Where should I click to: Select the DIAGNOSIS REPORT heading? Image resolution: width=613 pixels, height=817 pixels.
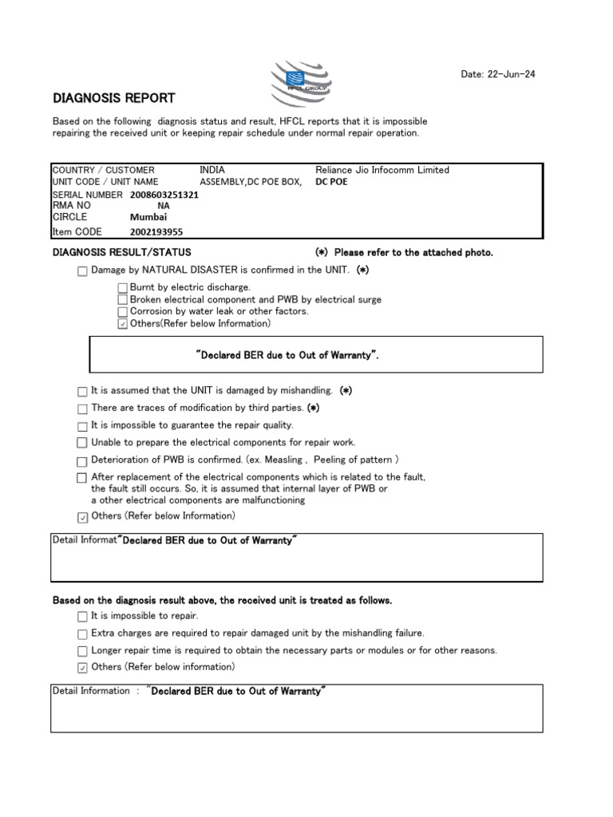pyautogui.click(x=113, y=98)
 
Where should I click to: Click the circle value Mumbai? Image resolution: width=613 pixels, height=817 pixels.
pyautogui.click(x=148, y=217)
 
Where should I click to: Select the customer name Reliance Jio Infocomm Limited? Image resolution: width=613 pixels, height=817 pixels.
pyautogui.click(x=382, y=170)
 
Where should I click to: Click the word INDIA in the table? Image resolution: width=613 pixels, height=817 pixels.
pyautogui.click(x=212, y=170)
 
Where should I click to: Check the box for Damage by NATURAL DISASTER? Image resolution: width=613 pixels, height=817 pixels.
pyautogui.click(x=83, y=271)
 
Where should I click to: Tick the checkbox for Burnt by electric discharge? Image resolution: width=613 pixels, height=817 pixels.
pyautogui.click(x=123, y=287)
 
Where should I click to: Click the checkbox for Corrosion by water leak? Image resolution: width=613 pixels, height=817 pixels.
pyautogui.click(x=123, y=312)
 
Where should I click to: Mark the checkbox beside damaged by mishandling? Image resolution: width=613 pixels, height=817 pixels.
pyautogui.click(x=83, y=392)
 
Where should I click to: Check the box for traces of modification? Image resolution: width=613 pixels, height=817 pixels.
pyautogui.click(x=83, y=408)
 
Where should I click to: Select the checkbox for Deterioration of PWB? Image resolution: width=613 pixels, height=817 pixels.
pyautogui.click(x=83, y=461)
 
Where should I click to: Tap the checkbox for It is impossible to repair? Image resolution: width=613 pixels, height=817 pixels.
pyautogui.click(x=83, y=617)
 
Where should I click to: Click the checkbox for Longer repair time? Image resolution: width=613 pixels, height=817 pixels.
pyautogui.click(x=83, y=651)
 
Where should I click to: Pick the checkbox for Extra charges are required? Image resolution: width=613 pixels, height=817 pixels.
pyautogui.click(x=83, y=633)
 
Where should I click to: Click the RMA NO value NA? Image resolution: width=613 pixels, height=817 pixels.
pyautogui.click(x=164, y=206)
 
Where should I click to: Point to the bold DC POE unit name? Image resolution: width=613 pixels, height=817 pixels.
pyautogui.click(x=332, y=182)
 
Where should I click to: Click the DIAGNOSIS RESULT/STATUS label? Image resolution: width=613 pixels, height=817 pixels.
pyautogui.click(x=121, y=253)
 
